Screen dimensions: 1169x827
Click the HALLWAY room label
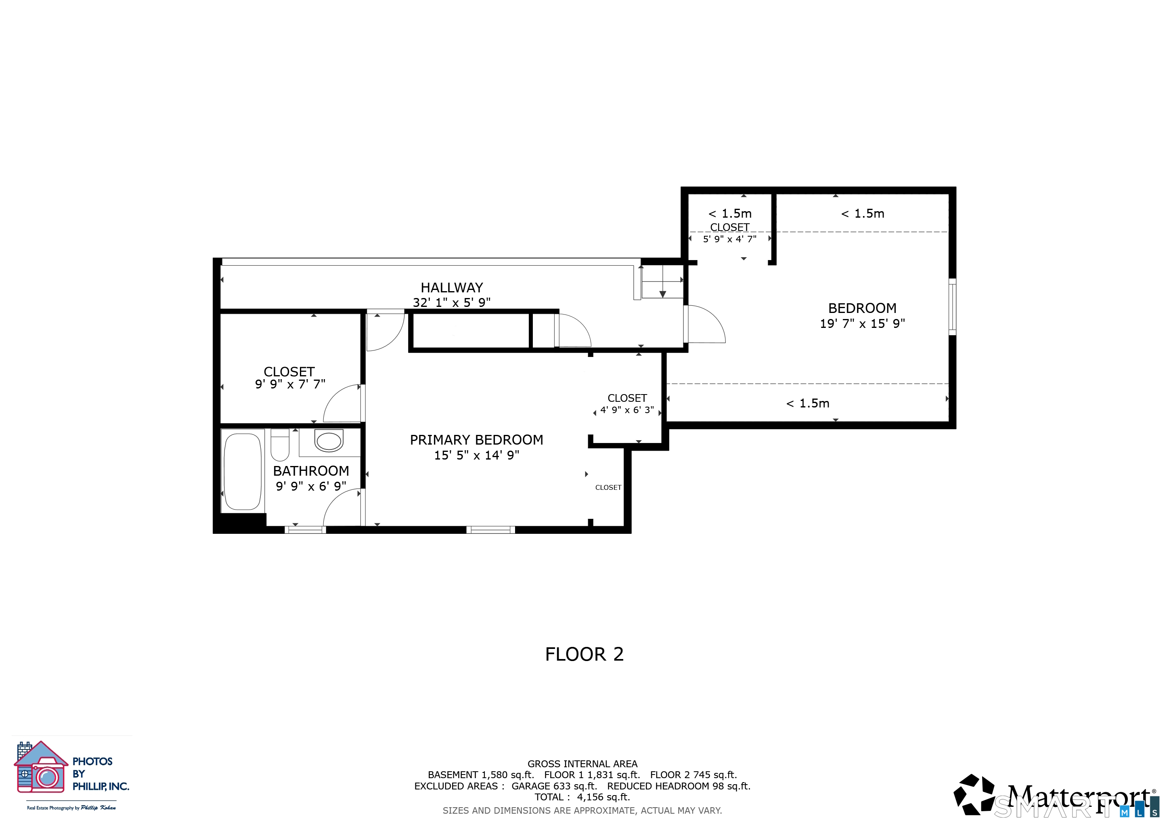452,288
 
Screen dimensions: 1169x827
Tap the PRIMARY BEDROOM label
477,440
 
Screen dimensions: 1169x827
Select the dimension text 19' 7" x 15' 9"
863,323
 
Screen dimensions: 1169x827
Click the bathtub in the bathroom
243,471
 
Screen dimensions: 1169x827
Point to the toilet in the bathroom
280,445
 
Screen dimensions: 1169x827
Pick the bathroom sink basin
329,441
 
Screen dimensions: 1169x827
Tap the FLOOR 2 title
584,654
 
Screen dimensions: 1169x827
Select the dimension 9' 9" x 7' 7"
290,384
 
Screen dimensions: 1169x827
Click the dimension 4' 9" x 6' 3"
627,410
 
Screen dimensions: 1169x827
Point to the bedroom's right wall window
952,306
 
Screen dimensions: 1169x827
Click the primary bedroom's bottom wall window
491,530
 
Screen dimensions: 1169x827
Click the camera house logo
41,767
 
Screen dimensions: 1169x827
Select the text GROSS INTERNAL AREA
582,764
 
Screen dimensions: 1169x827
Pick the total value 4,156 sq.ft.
603,797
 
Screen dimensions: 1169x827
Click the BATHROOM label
311,471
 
